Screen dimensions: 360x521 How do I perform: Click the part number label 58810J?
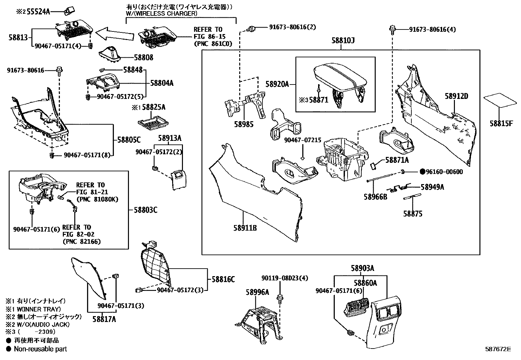[343, 41]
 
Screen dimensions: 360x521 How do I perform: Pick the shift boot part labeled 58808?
[110, 53]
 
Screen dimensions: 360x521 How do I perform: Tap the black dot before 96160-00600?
[422, 172]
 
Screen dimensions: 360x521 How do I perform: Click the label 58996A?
[258, 292]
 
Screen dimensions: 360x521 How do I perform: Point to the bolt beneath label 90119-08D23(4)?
[280, 298]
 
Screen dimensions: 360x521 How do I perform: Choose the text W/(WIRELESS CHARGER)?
[162, 13]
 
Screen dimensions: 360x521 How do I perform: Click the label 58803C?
[145, 210]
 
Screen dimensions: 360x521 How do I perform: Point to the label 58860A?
[365, 283]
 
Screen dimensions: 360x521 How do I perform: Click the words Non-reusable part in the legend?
[40, 349]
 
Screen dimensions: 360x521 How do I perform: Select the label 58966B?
[375, 197]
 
